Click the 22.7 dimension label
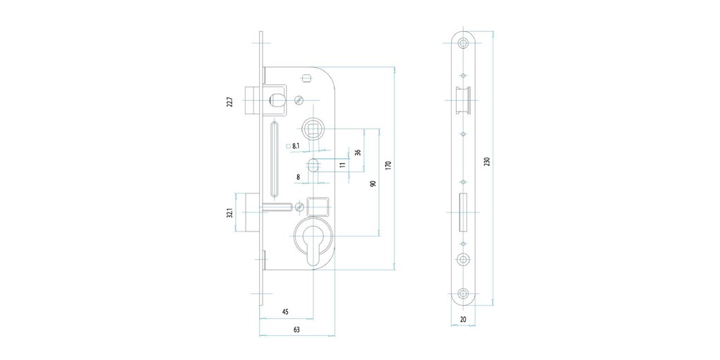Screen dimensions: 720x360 tap(230, 102)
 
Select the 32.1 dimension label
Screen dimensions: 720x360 tap(230, 213)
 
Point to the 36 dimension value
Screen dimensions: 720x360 tap(358, 152)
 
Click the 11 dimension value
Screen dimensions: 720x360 tap(342, 165)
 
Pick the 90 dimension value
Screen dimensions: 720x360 tap(373, 184)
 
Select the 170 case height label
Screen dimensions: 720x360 tap(388, 165)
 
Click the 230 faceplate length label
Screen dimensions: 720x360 tap(487, 162)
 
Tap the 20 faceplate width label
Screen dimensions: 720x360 tap(462, 320)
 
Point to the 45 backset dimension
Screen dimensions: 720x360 tap(284, 312)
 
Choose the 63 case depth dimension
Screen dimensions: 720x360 tap(296, 329)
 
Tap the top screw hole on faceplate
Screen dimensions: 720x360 tap(463, 42)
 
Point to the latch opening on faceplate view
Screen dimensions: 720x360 tap(462, 100)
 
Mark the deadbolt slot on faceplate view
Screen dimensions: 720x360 tap(463, 212)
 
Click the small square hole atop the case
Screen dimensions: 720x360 tap(307, 77)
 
